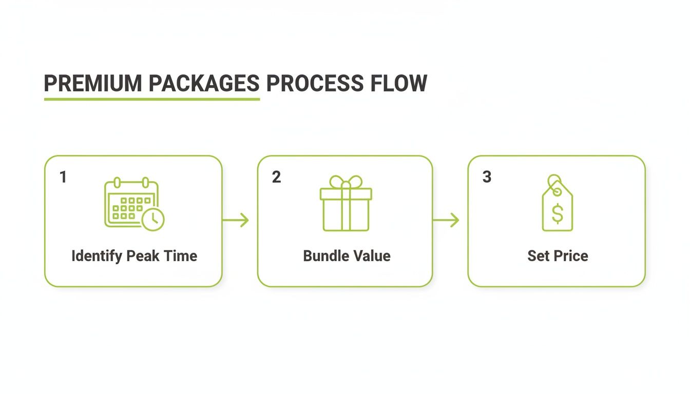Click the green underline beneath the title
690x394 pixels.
[x=152, y=98]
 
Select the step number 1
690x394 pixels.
[x=63, y=178]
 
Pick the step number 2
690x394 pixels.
[x=277, y=178]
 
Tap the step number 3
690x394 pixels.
[x=487, y=178]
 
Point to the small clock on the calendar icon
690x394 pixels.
[x=153, y=220]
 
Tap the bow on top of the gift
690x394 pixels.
[x=346, y=182]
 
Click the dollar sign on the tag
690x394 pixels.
[x=558, y=213]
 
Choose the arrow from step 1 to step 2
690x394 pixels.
[x=236, y=221]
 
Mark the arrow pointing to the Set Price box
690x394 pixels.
[x=446, y=221]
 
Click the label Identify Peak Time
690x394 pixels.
[x=134, y=256]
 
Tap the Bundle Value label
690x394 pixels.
[x=347, y=256]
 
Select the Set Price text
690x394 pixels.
[x=558, y=256]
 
